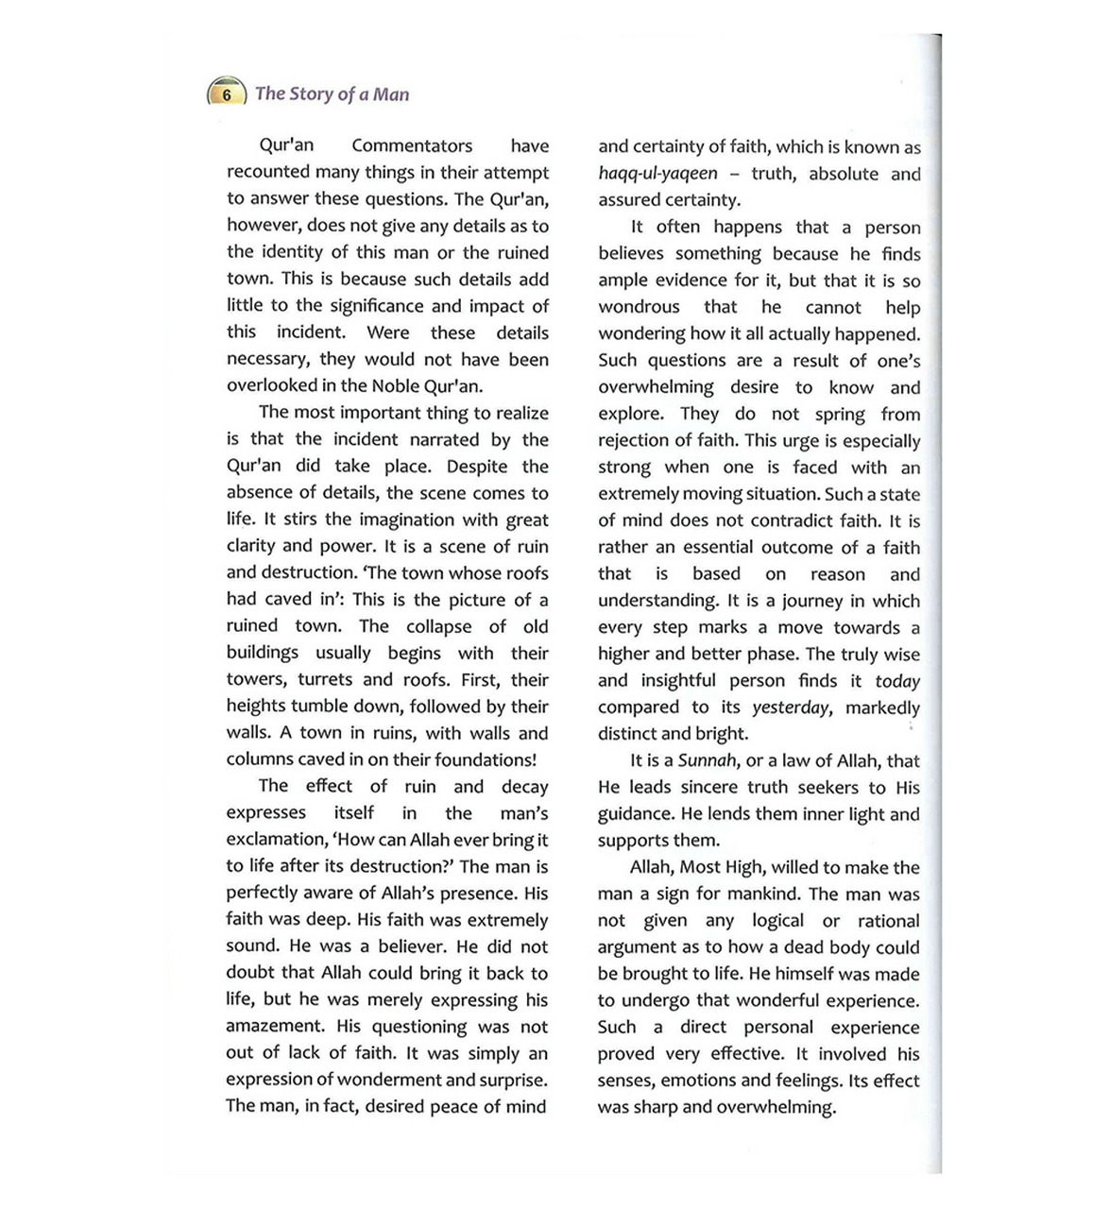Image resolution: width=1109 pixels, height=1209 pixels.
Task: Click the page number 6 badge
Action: (226, 94)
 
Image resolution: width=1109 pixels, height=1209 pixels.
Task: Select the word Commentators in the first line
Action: (412, 145)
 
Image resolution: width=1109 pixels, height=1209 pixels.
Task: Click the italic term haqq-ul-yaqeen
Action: (657, 174)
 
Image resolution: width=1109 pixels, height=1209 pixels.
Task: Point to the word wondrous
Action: (639, 307)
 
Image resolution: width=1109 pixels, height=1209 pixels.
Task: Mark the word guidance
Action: (635, 814)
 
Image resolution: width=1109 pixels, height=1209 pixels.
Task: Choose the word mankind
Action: (758, 894)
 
